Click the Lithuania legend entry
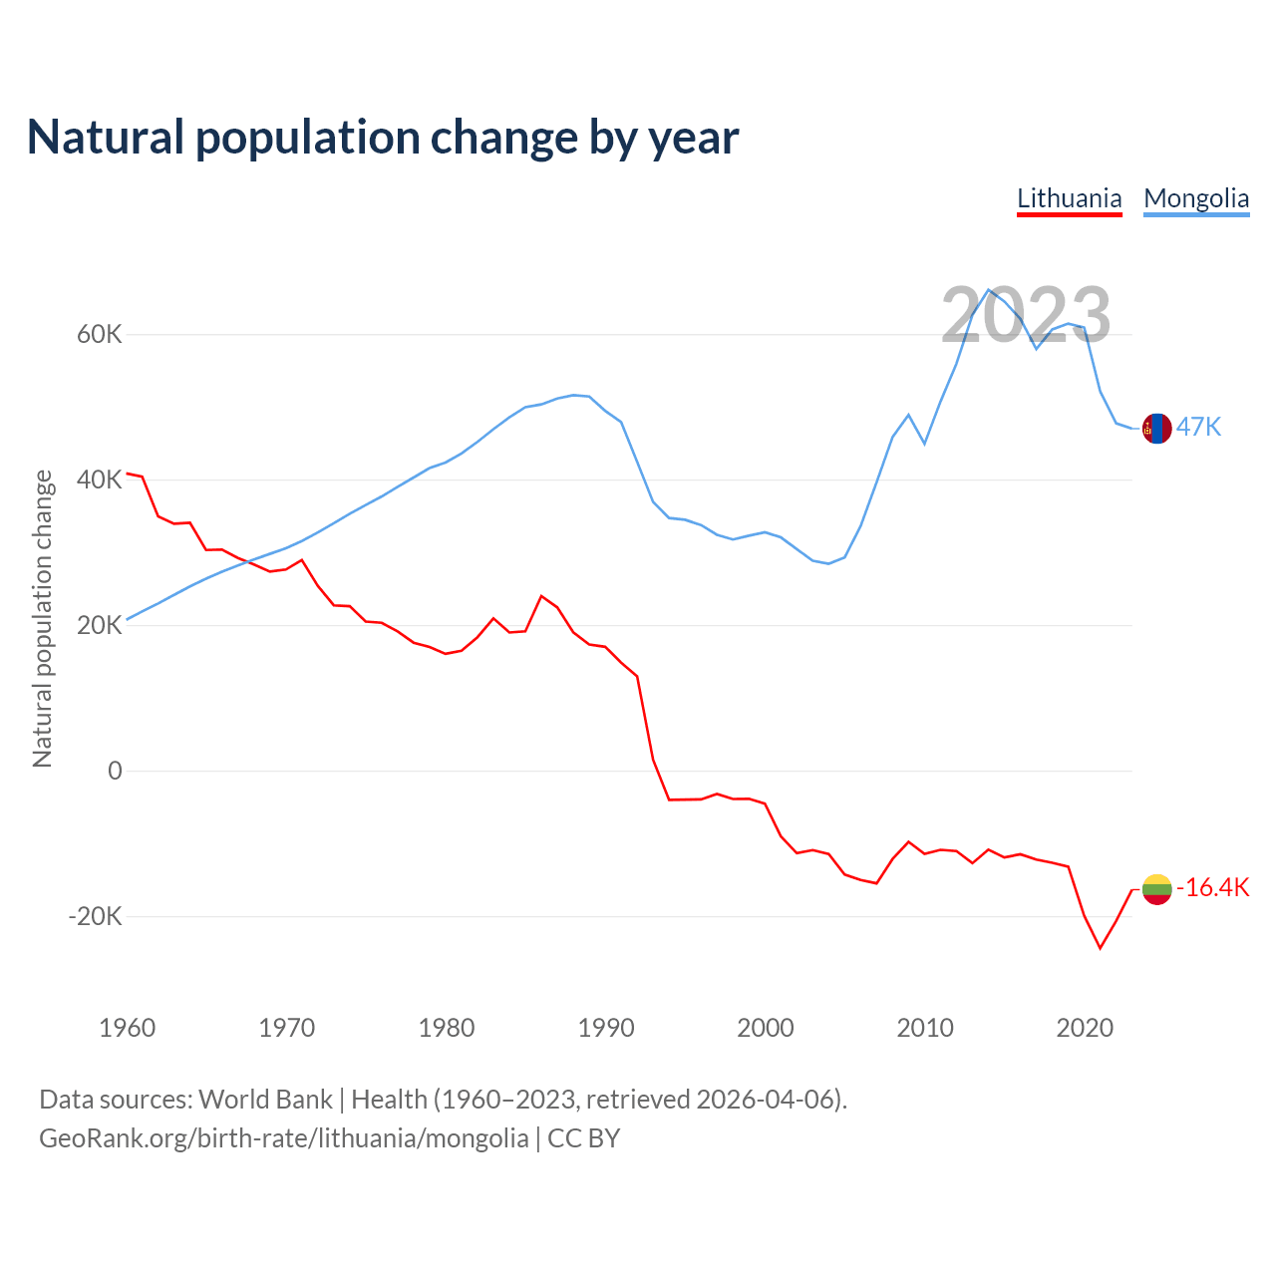[x=1069, y=198]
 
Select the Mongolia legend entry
[x=1195, y=198]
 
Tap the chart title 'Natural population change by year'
[x=383, y=138]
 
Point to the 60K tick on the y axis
[x=99, y=334]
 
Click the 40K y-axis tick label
[x=99, y=479]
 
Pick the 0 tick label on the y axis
[x=115, y=771]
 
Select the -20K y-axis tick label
[x=95, y=916]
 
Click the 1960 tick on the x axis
[x=128, y=1028]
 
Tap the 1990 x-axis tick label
[x=606, y=1028]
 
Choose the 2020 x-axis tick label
[x=1085, y=1028]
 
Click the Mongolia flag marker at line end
[x=1156, y=428]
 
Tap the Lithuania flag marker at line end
[x=1156, y=888]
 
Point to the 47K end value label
[x=1198, y=427]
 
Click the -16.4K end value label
[x=1212, y=887]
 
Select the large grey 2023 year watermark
[x=1026, y=315]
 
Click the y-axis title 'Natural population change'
[x=43, y=618]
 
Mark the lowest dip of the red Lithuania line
[x=1101, y=948]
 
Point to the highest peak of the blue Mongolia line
[x=988, y=290]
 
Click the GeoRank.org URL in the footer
[x=284, y=1137]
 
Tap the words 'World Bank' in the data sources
[x=265, y=1099]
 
